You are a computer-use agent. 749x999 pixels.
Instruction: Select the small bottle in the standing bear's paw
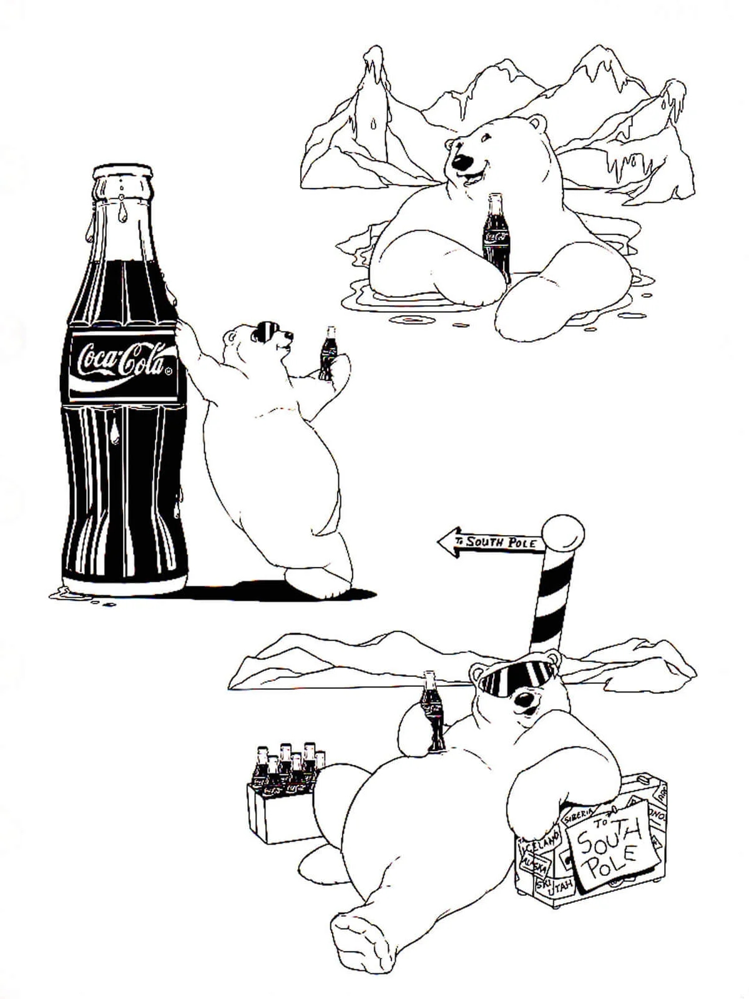327,353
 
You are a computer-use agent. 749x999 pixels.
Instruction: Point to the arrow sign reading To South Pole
491,542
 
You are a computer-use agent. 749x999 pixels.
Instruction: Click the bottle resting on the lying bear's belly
431,712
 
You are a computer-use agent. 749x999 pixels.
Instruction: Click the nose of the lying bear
527,698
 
